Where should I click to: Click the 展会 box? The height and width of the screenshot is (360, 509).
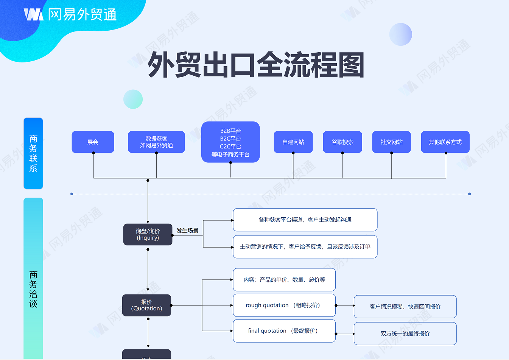click(x=93, y=142)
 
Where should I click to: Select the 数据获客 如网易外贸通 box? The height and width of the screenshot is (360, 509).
click(x=156, y=142)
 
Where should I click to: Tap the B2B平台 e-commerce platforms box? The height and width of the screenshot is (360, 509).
click(x=230, y=142)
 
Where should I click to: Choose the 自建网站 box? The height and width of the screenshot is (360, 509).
click(x=293, y=142)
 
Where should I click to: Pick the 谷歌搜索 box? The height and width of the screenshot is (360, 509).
click(x=342, y=142)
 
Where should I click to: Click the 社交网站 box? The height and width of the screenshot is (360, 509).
click(x=391, y=142)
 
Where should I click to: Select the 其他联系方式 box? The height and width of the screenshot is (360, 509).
click(x=445, y=142)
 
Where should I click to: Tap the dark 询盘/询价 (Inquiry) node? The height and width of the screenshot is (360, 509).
click(x=148, y=234)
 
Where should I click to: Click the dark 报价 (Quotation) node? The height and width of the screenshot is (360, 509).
click(x=146, y=305)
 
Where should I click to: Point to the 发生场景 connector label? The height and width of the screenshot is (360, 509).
click(x=187, y=231)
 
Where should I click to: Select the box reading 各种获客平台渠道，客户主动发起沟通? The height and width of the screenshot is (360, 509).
click(x=305, y=220)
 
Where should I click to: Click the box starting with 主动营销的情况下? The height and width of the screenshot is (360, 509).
click(x=305, y=247)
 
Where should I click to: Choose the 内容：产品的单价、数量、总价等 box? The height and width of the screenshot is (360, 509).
click(x=284, y=280)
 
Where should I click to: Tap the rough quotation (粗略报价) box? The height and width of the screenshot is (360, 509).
click(x=284, y=305)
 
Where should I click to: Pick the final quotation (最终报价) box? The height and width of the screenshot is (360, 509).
click(x=284, y=331)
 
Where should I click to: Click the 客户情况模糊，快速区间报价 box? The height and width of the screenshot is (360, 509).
click(x=405, y=307)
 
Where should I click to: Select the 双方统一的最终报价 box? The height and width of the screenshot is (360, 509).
click(x=405, y=334)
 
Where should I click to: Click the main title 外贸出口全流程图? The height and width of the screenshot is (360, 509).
click(x=256, y=65)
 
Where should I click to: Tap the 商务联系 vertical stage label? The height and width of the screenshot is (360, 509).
click(x=33, y=153)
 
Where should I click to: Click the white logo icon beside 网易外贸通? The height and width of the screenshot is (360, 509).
click(x=33, y=14)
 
